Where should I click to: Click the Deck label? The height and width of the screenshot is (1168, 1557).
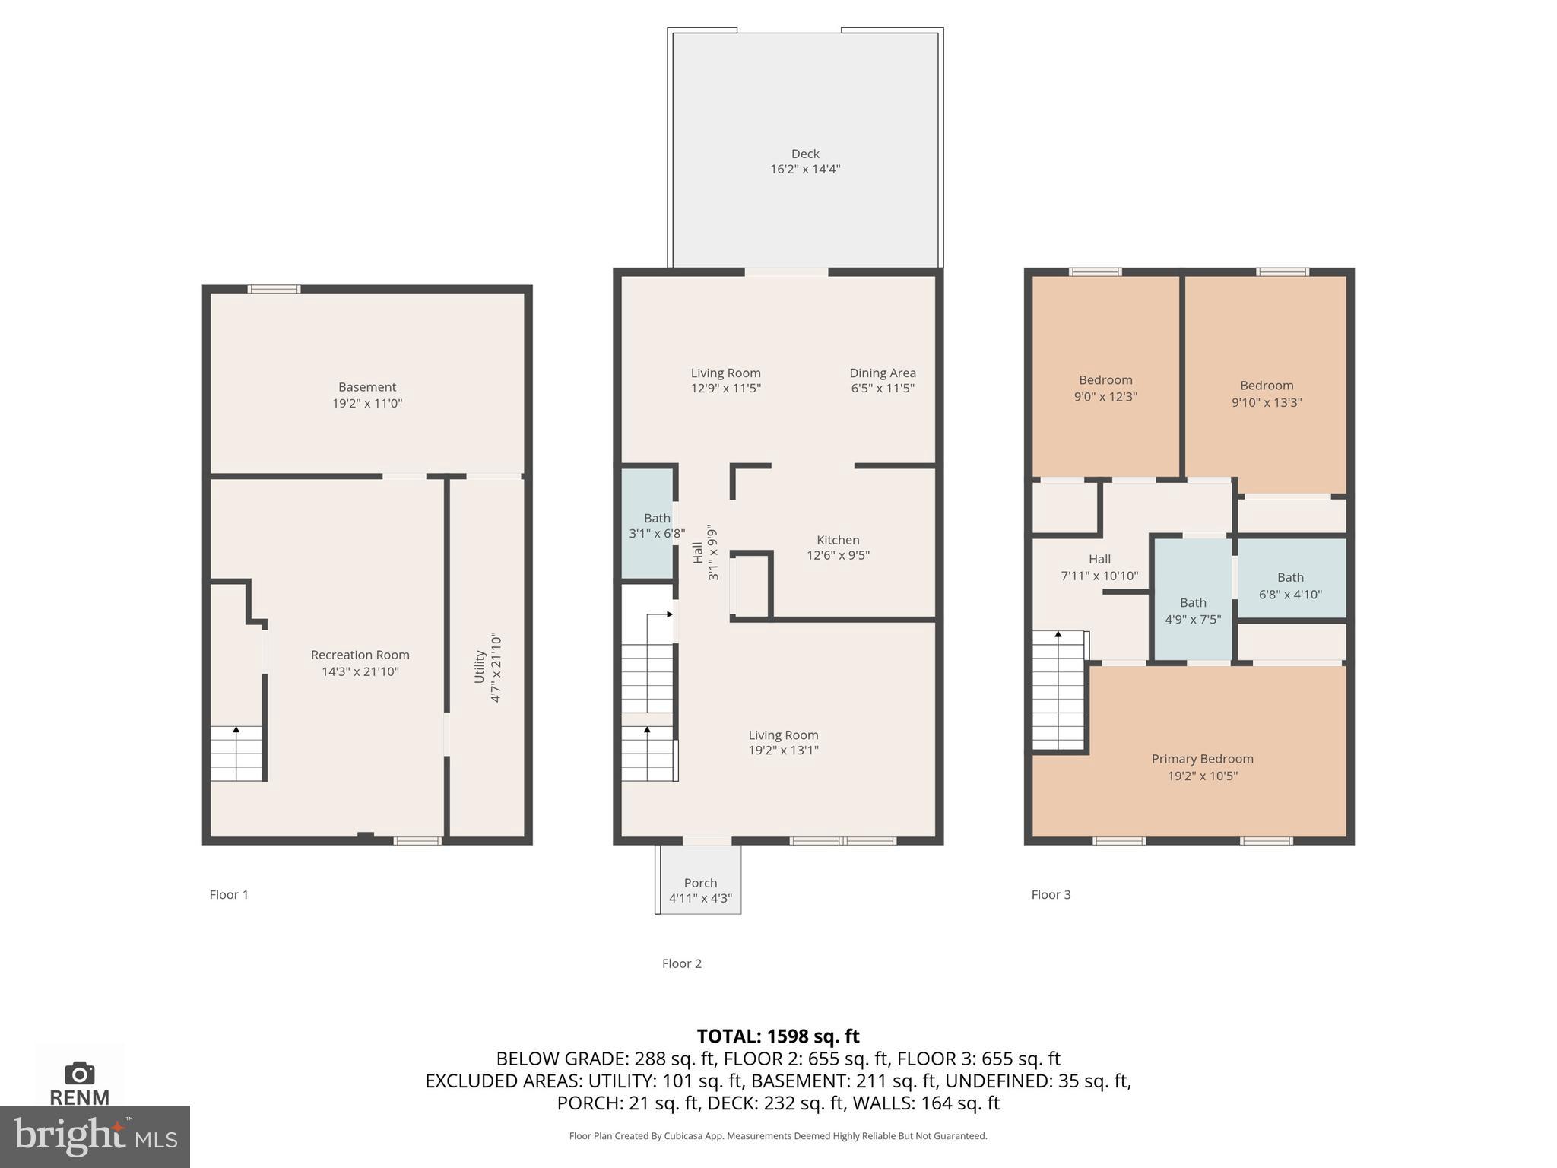[804, 154]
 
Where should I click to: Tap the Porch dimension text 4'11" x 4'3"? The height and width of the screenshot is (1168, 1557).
[700, 898]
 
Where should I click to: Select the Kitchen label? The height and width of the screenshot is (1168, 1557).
[838, 540]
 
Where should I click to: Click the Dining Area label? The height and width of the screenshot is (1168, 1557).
[882, 373]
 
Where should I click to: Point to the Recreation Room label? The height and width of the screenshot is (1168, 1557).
[360, 655]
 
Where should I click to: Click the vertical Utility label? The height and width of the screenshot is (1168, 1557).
[480, 666]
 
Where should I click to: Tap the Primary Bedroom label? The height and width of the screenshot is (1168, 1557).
[1202, 759]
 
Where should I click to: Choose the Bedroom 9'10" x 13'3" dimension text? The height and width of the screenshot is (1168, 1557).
[1267, 402]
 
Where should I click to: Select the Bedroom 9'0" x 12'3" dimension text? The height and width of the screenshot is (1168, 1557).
[1105, 396]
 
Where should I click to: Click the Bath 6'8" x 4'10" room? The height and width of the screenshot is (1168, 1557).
[1291, 579]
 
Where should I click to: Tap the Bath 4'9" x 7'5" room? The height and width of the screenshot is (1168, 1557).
[1193, 601]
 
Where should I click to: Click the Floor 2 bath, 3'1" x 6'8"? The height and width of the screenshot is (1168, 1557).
[648, 525]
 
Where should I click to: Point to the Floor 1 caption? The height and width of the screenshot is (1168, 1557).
[229, 894]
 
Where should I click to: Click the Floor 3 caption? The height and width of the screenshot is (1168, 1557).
[1051, 894]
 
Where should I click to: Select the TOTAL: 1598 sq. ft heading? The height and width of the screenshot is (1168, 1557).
[778, 1036]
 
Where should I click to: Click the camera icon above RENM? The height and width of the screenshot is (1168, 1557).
[79, 1073]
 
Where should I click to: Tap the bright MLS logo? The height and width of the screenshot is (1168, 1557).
[95, 1136]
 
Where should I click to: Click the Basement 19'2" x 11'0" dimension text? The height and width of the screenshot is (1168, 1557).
[367, 403]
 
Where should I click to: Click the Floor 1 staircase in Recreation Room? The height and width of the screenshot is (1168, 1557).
[236, 753]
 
